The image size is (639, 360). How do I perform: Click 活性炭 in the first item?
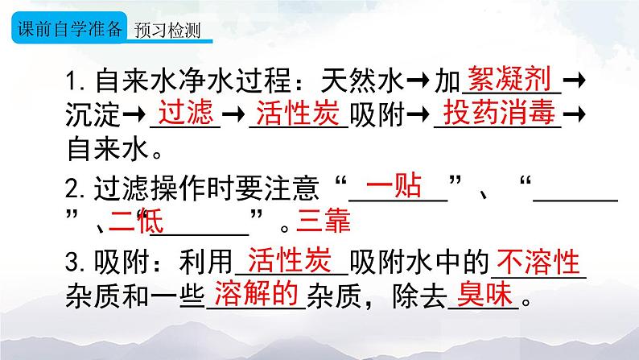[296, 114]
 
